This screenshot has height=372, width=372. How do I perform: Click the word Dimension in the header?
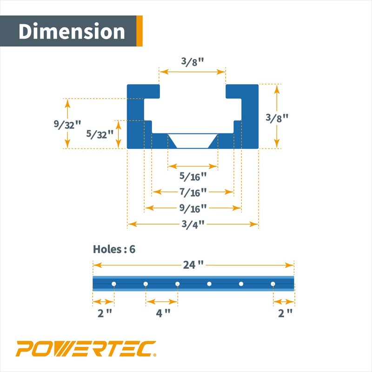click(x=72, y=32)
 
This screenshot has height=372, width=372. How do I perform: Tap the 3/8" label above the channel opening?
click(x=192, y=62)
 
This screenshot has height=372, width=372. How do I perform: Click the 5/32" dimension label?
click(x=100, y=134)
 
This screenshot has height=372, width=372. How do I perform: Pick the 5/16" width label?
click(x=193, y=177)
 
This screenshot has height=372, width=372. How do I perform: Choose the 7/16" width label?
click(x=193, y=192)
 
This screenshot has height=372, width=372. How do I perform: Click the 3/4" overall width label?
click(x=193, y=224)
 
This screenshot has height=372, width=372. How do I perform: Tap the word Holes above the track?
click(x=107, y=249)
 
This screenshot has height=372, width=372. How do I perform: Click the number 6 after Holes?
click(x=132, y=249)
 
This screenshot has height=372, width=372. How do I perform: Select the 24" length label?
click(x=193, y=265)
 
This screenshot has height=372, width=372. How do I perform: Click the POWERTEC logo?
click(x=86, y=349)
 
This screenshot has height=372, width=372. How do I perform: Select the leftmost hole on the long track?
click(x=114, y=284)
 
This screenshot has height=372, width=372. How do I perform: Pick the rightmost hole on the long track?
click(x=273, y=284)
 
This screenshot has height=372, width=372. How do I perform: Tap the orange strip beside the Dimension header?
click(x=139, y=31)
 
